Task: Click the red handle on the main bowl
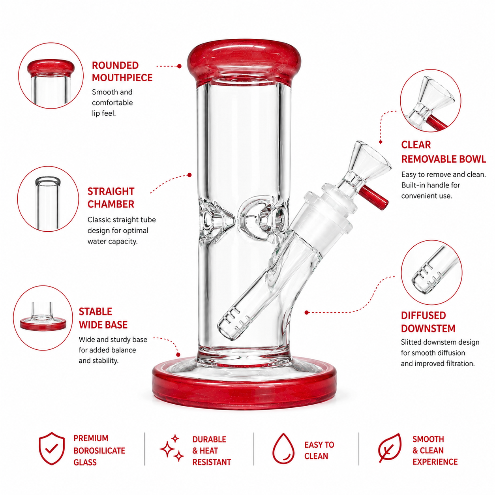[374, 197]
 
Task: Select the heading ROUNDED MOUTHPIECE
[122, 72]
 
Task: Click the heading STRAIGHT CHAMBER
[111, 198]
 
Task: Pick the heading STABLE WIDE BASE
[103, 318]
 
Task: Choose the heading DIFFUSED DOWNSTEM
[428, 322]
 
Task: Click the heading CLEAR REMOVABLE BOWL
[443, 152]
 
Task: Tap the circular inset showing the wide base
[43, 318]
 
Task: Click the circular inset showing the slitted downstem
[431, 272]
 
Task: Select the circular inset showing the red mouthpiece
[51, 75]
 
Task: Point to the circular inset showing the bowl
[431, 100]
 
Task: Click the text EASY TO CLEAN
[319, 450]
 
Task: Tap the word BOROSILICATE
[99, 450]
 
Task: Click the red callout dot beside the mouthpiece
[180, 66]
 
